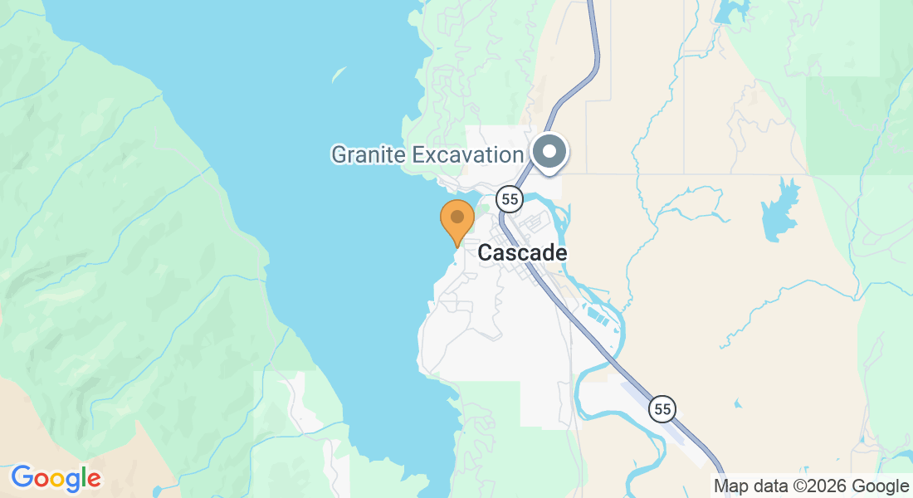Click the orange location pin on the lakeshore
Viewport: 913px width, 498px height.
[x=456, y=221]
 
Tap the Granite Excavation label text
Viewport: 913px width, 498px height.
[x=427, y=154]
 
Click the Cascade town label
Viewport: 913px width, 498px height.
[x=523, y=253]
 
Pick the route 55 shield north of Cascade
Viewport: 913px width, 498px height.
[x=510, y=198]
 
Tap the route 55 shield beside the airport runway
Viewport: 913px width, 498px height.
[x=662, y=408]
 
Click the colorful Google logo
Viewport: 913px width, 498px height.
[x=56, y=478]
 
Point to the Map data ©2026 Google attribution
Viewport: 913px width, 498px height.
[x=812, y=486]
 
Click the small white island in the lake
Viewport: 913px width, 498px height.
[x=339, y=74]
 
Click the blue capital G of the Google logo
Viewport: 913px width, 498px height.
[x=22, y=477]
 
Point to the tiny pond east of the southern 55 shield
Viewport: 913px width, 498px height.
[x=737, y=404]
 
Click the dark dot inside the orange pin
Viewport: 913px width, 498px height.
[x=456, y=217]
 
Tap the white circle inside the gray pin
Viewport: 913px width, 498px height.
[x=549, y=152]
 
